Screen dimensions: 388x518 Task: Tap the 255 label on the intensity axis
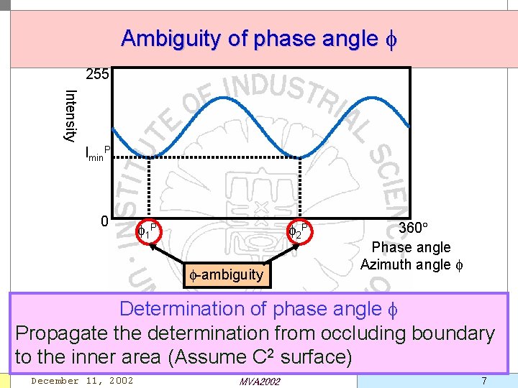[97, 74]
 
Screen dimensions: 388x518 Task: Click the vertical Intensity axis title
[71, 115]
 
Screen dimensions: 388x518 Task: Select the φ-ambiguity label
[227, 274]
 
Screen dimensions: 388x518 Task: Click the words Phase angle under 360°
[411, 247]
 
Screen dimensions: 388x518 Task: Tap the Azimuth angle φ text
[412, 264]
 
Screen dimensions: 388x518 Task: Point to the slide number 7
[483, 380]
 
